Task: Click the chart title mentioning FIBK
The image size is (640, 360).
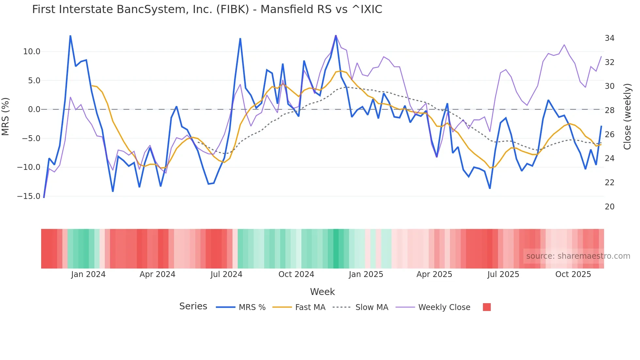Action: pyautogui.click(x=207, y=9)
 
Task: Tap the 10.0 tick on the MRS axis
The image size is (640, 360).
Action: pyautogui.click(x=32, y=52)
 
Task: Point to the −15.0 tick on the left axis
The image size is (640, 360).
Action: pyautogui.click(x=29, y=196)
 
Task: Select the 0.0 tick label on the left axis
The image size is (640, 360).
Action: pyautogui.click(x=34, y=109)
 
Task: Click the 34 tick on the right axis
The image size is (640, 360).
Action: pyautogui.click(x=609, y=38)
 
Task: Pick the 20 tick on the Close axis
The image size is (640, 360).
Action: pyautogui.click(x=609, y=207)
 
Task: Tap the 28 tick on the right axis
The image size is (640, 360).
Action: pyautogui.click(x=609, y=110)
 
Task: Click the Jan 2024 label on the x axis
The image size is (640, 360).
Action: pyautogui.click(x=88, y=274)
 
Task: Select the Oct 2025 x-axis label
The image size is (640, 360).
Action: pyautogui.click(x=573, y=274)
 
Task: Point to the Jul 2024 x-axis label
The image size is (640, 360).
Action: pyautogui.click(x=226, y=274)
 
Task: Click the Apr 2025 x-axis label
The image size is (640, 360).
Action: pyautogui.click(x=434, y=274)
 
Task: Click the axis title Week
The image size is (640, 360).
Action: pyautogui.click(x=322, y=292)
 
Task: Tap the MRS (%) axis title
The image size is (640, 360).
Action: pyautogui.click(x=6, y=116)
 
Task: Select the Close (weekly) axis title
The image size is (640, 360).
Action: pyautogui.click(x=627, y=117)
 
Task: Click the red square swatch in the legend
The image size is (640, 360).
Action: pyautogui.click(x=487, y=307)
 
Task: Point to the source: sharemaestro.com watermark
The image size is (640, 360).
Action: pyautogui.click(x=578, y=256)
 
